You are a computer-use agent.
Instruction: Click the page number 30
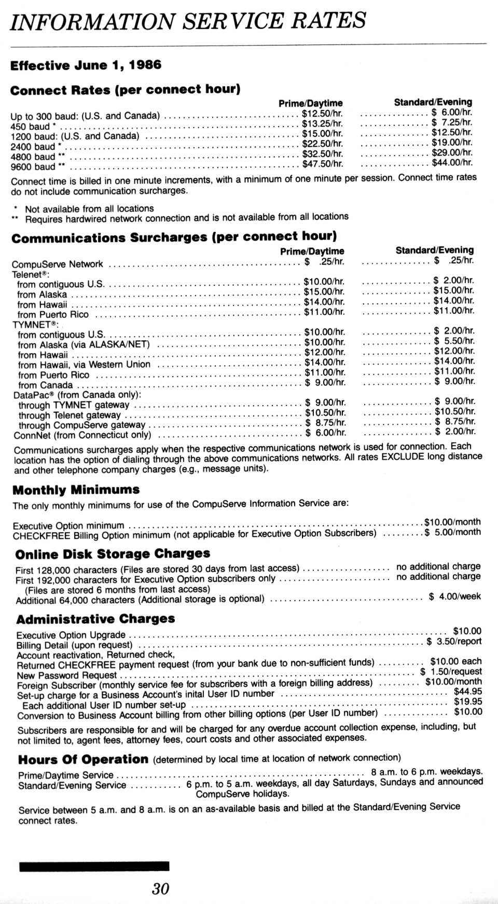pos(161,888)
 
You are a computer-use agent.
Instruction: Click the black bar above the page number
pos(94,866)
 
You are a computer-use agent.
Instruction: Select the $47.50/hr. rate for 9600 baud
pos(323,164)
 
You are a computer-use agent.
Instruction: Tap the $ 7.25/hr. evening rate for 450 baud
pos(452,122)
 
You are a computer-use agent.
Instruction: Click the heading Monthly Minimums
pos(76,490)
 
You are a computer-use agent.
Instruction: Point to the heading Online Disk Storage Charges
pos(113,554)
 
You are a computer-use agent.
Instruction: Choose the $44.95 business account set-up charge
pos(467,691)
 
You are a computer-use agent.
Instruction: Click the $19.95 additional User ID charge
pos(467,701)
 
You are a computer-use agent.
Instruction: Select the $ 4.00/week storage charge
pos(454,596)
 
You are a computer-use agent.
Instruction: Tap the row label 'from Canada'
pos(45,385)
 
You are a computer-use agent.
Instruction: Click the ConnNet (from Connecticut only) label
pos(82,435)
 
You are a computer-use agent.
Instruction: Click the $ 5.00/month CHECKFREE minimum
pos(452,532)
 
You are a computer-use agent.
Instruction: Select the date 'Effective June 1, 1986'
pos(86,65)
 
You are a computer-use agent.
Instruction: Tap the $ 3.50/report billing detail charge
pos(454,642)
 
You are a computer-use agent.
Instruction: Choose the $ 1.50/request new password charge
pos(451,672)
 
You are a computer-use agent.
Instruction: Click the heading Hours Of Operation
pos(83,760)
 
